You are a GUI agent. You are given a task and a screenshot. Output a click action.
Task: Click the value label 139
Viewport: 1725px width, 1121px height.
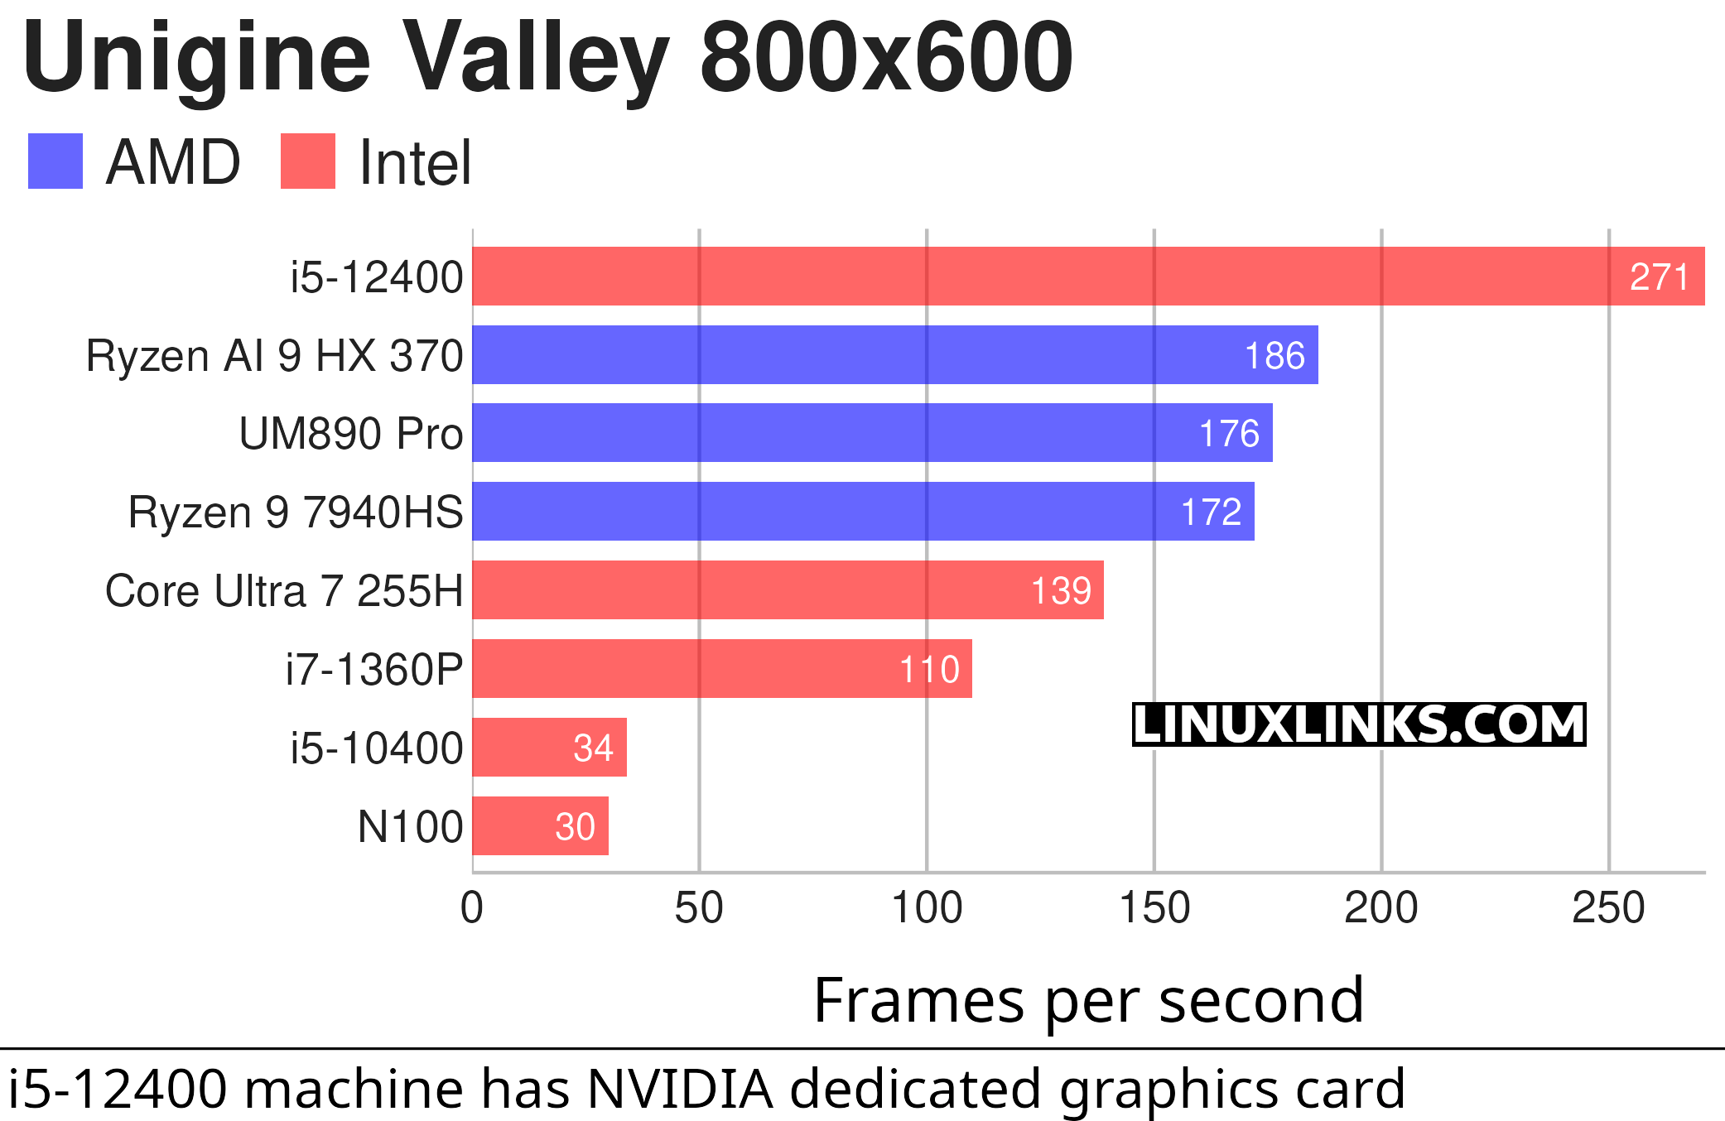tap(1061, 591)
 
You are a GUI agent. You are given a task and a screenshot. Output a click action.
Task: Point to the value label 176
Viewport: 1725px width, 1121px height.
tap(1229, 434)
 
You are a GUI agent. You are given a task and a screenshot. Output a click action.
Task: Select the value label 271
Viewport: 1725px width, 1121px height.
tap(1659, 277)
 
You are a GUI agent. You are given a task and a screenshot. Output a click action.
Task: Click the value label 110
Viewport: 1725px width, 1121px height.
tap(929, 669)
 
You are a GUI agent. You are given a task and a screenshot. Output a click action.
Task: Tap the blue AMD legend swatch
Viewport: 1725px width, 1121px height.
tap(55, 161)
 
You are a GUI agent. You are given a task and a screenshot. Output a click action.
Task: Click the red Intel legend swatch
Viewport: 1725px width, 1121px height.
tap(308, 161)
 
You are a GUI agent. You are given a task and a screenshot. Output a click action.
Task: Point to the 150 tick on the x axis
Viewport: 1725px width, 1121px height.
tap(1154, 908)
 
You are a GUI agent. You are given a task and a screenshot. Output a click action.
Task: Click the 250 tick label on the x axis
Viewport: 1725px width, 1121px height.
tap(1608, 908)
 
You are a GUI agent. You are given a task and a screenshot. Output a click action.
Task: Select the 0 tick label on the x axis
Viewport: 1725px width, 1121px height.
tap(472, 908)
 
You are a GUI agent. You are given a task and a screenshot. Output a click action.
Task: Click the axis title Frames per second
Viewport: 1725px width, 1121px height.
tap(1088, 1000)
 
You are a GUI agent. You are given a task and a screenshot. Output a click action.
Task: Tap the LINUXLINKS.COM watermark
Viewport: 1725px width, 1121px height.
tap(1358, 724)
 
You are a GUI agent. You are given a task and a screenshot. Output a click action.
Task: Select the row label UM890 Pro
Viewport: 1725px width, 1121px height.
tap(350, 434)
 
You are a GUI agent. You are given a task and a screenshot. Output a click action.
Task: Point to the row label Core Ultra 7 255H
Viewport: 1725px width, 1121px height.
tap(284, 591)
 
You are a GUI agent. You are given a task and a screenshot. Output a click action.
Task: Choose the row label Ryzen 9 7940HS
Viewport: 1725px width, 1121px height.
tap(296, 512)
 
